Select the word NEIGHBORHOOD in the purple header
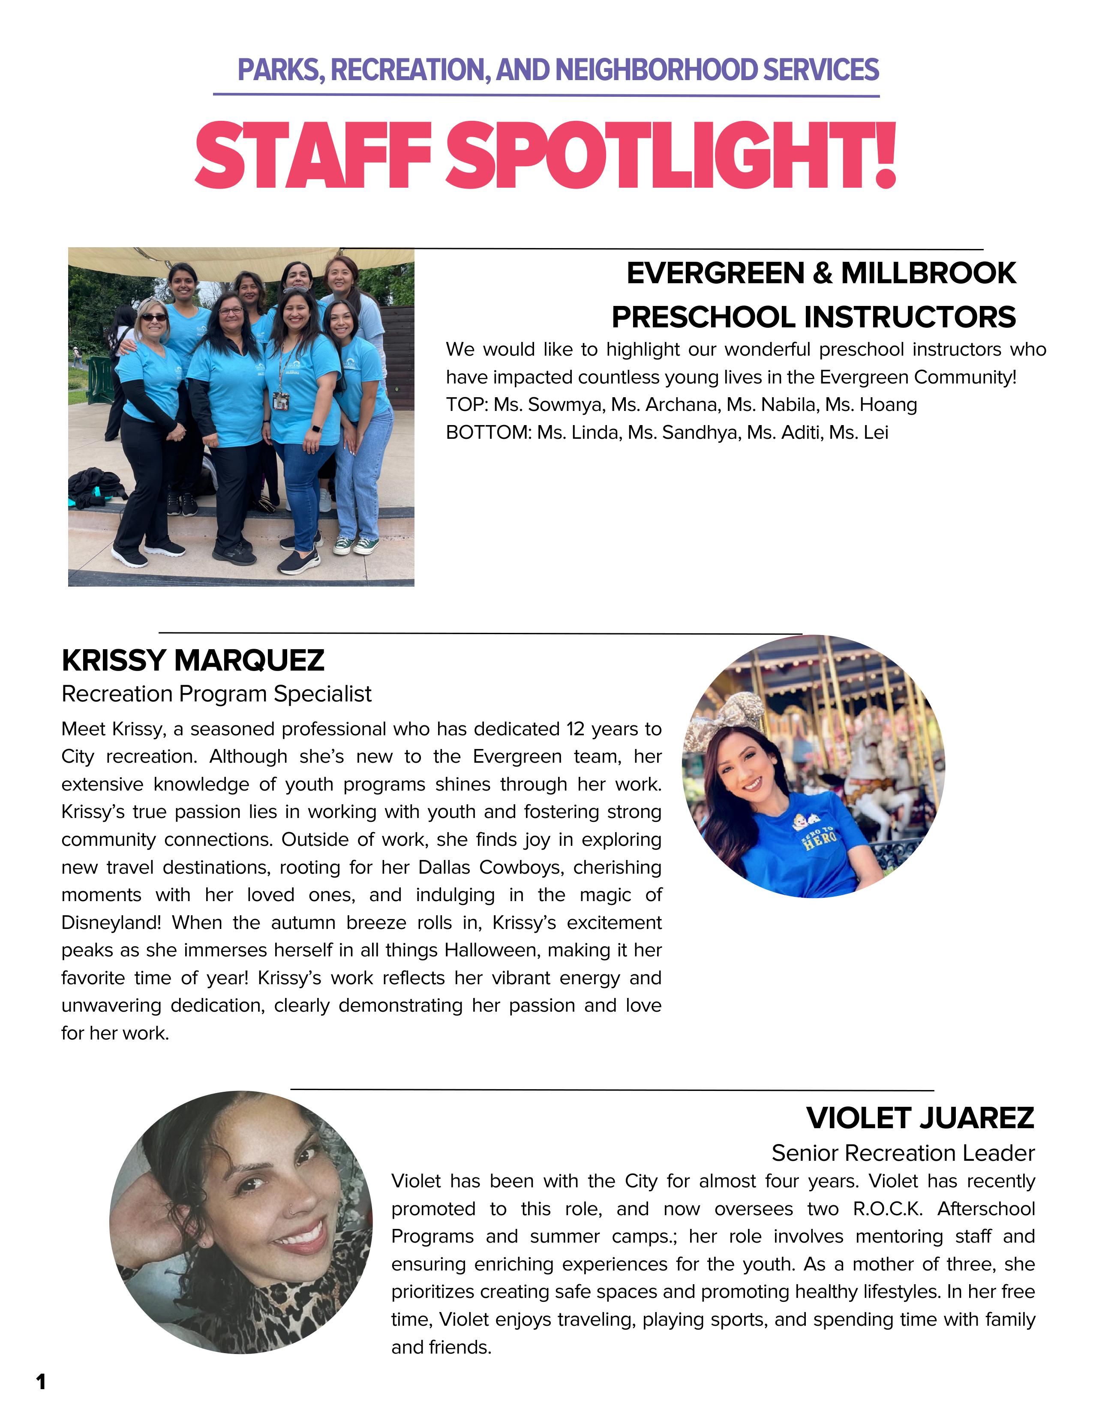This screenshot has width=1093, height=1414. (656, 70)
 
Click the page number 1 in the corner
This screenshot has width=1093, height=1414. (41, 1382)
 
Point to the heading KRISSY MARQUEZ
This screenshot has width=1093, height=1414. (193, 660)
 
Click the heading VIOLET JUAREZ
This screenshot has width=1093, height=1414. (920, 1118)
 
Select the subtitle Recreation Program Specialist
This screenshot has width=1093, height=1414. (216, 694)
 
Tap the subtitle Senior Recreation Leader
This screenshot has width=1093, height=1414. (903, 1153)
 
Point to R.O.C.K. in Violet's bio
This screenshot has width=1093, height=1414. (888, 1209)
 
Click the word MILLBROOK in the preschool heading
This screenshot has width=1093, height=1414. (928, 273)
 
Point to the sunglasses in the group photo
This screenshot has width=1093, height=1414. (153, 317)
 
